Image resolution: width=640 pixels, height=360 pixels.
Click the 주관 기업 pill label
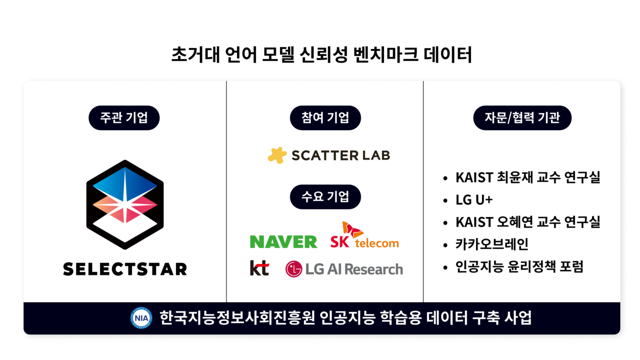(124, 118)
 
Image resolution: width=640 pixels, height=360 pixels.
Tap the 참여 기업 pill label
(325, 118)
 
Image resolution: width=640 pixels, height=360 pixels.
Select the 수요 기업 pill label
(325, 196)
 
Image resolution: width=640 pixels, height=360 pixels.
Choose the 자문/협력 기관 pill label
(522, 118)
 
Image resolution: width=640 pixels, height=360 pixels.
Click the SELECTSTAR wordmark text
(125, 269)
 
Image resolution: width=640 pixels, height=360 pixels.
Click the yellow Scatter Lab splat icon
(277, 155)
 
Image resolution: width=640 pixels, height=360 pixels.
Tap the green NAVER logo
(283, 241)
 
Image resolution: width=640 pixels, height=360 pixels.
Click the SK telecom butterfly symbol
(352, 230)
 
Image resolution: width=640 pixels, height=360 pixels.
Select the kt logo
(259, 268)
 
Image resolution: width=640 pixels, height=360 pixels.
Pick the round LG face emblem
(294, 269)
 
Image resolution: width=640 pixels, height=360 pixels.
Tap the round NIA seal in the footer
(141, 318)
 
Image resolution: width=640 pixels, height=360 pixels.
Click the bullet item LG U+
(474, 199)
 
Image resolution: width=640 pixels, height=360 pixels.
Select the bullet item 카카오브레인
(491, 244)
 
